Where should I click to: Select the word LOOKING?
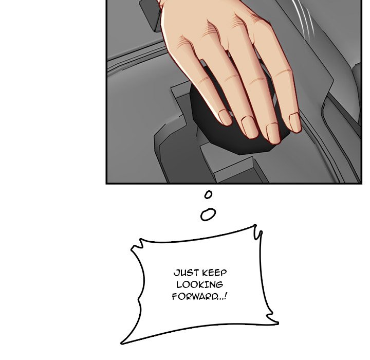click(199, 284)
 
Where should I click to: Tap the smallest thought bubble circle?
click(208, 194)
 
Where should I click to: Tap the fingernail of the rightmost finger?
click(294, 122)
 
